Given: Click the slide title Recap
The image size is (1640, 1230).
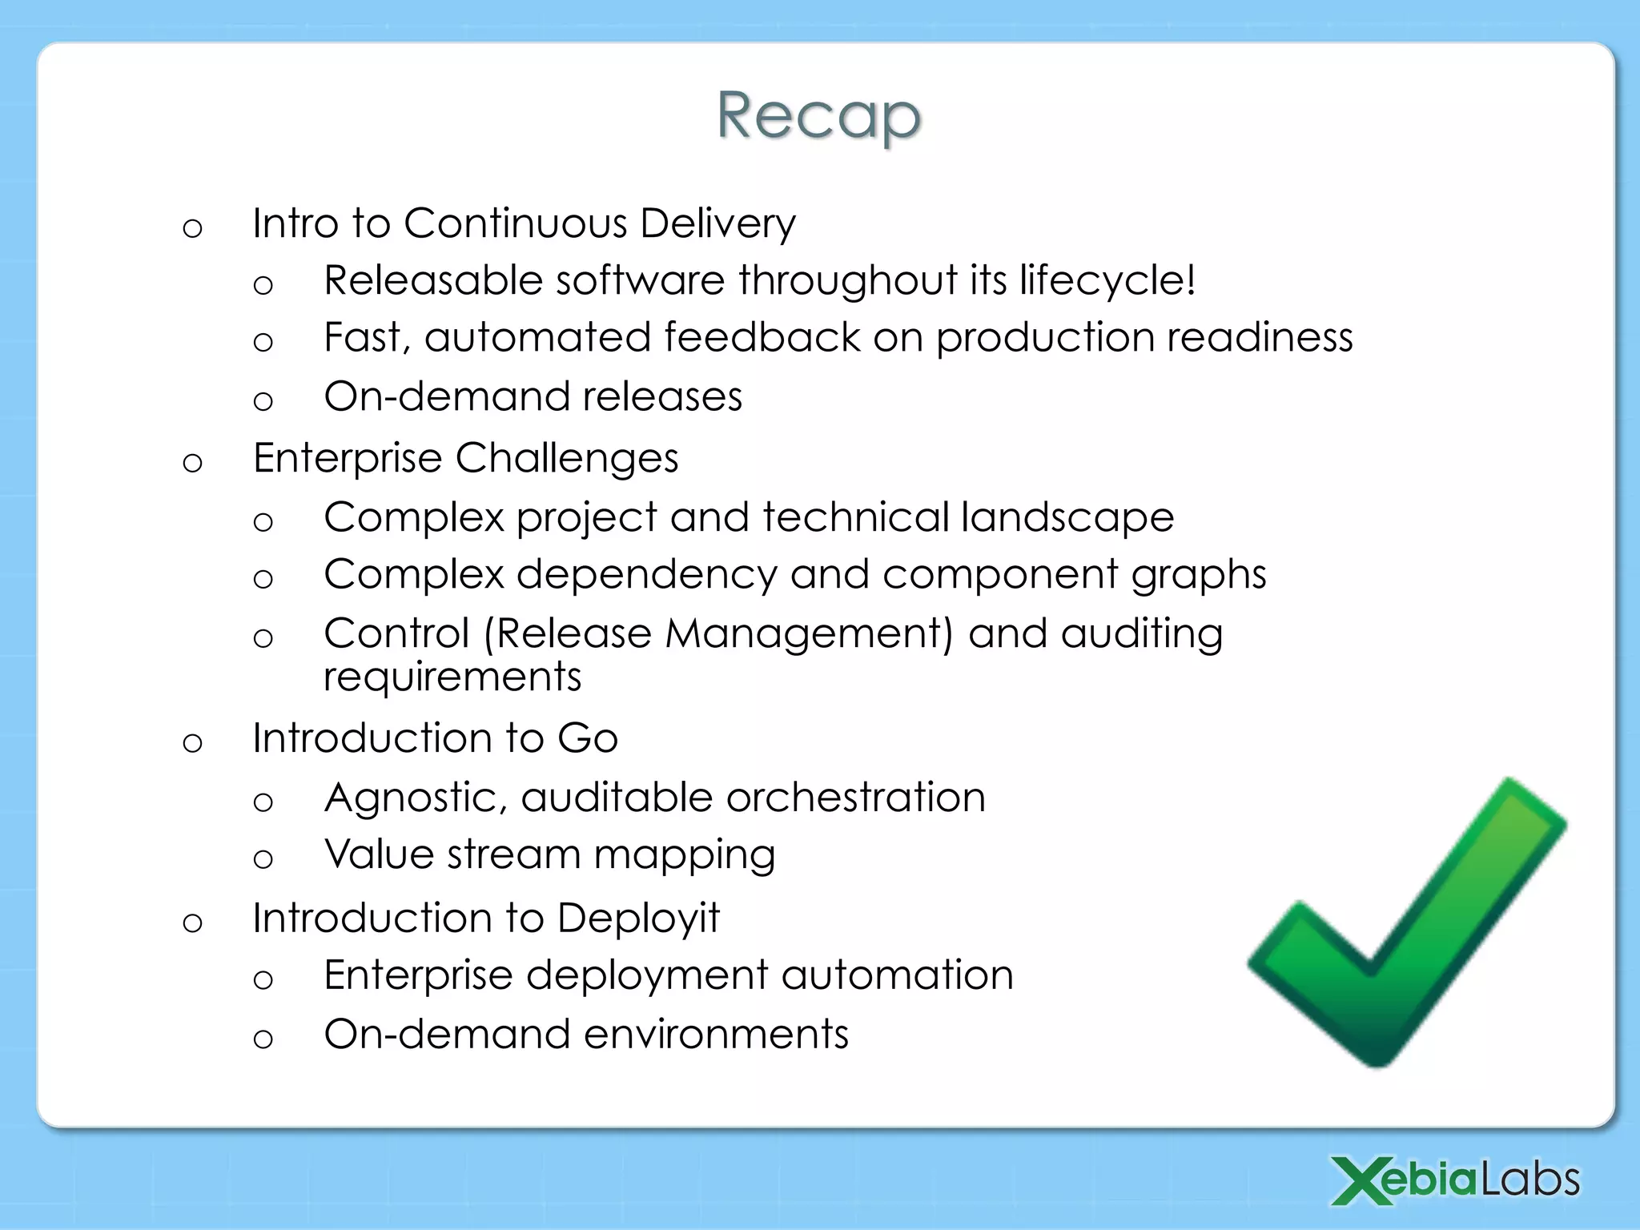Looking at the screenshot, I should [x=818, y=116].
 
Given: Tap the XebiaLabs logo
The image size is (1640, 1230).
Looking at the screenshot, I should [x=1455, y=1180].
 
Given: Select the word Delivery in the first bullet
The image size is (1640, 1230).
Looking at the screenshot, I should [x=717, y=223].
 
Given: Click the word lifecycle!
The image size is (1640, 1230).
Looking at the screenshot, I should [x=1107, y=281].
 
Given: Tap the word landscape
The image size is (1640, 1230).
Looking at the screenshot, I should [x=1067, y=517].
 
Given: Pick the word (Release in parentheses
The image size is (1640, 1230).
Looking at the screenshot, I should [x=568, y=634].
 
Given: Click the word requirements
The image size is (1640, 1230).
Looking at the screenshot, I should [x=452, y=677].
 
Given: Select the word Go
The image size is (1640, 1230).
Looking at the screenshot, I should [x=588, y=738].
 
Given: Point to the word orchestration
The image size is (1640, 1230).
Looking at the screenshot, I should [x=855, y=798].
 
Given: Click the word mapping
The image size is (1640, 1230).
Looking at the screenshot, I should [x=684, y=856].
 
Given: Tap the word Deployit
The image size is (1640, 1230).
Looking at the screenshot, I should [x=638, y=918].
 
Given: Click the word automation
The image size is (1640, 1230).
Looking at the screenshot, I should [x=897, y=975].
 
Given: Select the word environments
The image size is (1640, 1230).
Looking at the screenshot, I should [x=716, y=1035].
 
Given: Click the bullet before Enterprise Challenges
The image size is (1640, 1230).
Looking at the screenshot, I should [x=192, y=463].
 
